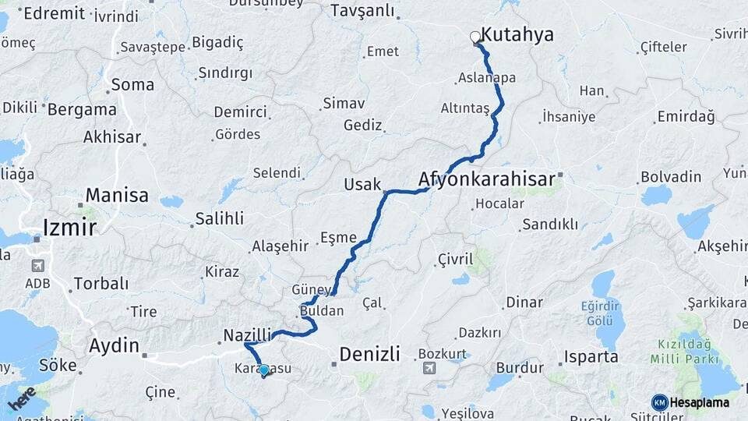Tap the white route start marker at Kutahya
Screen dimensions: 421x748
(475, 36)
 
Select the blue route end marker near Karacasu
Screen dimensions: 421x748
(264, 370)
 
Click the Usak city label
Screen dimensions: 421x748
(362, 184)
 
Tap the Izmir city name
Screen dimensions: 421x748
(70, 227)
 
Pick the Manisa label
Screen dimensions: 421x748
(117, 195)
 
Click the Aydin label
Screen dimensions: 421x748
(114, 345)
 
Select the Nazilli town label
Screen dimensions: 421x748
(248, 334)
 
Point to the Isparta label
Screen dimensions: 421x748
(591, 357)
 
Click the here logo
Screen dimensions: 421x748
(22, 399)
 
